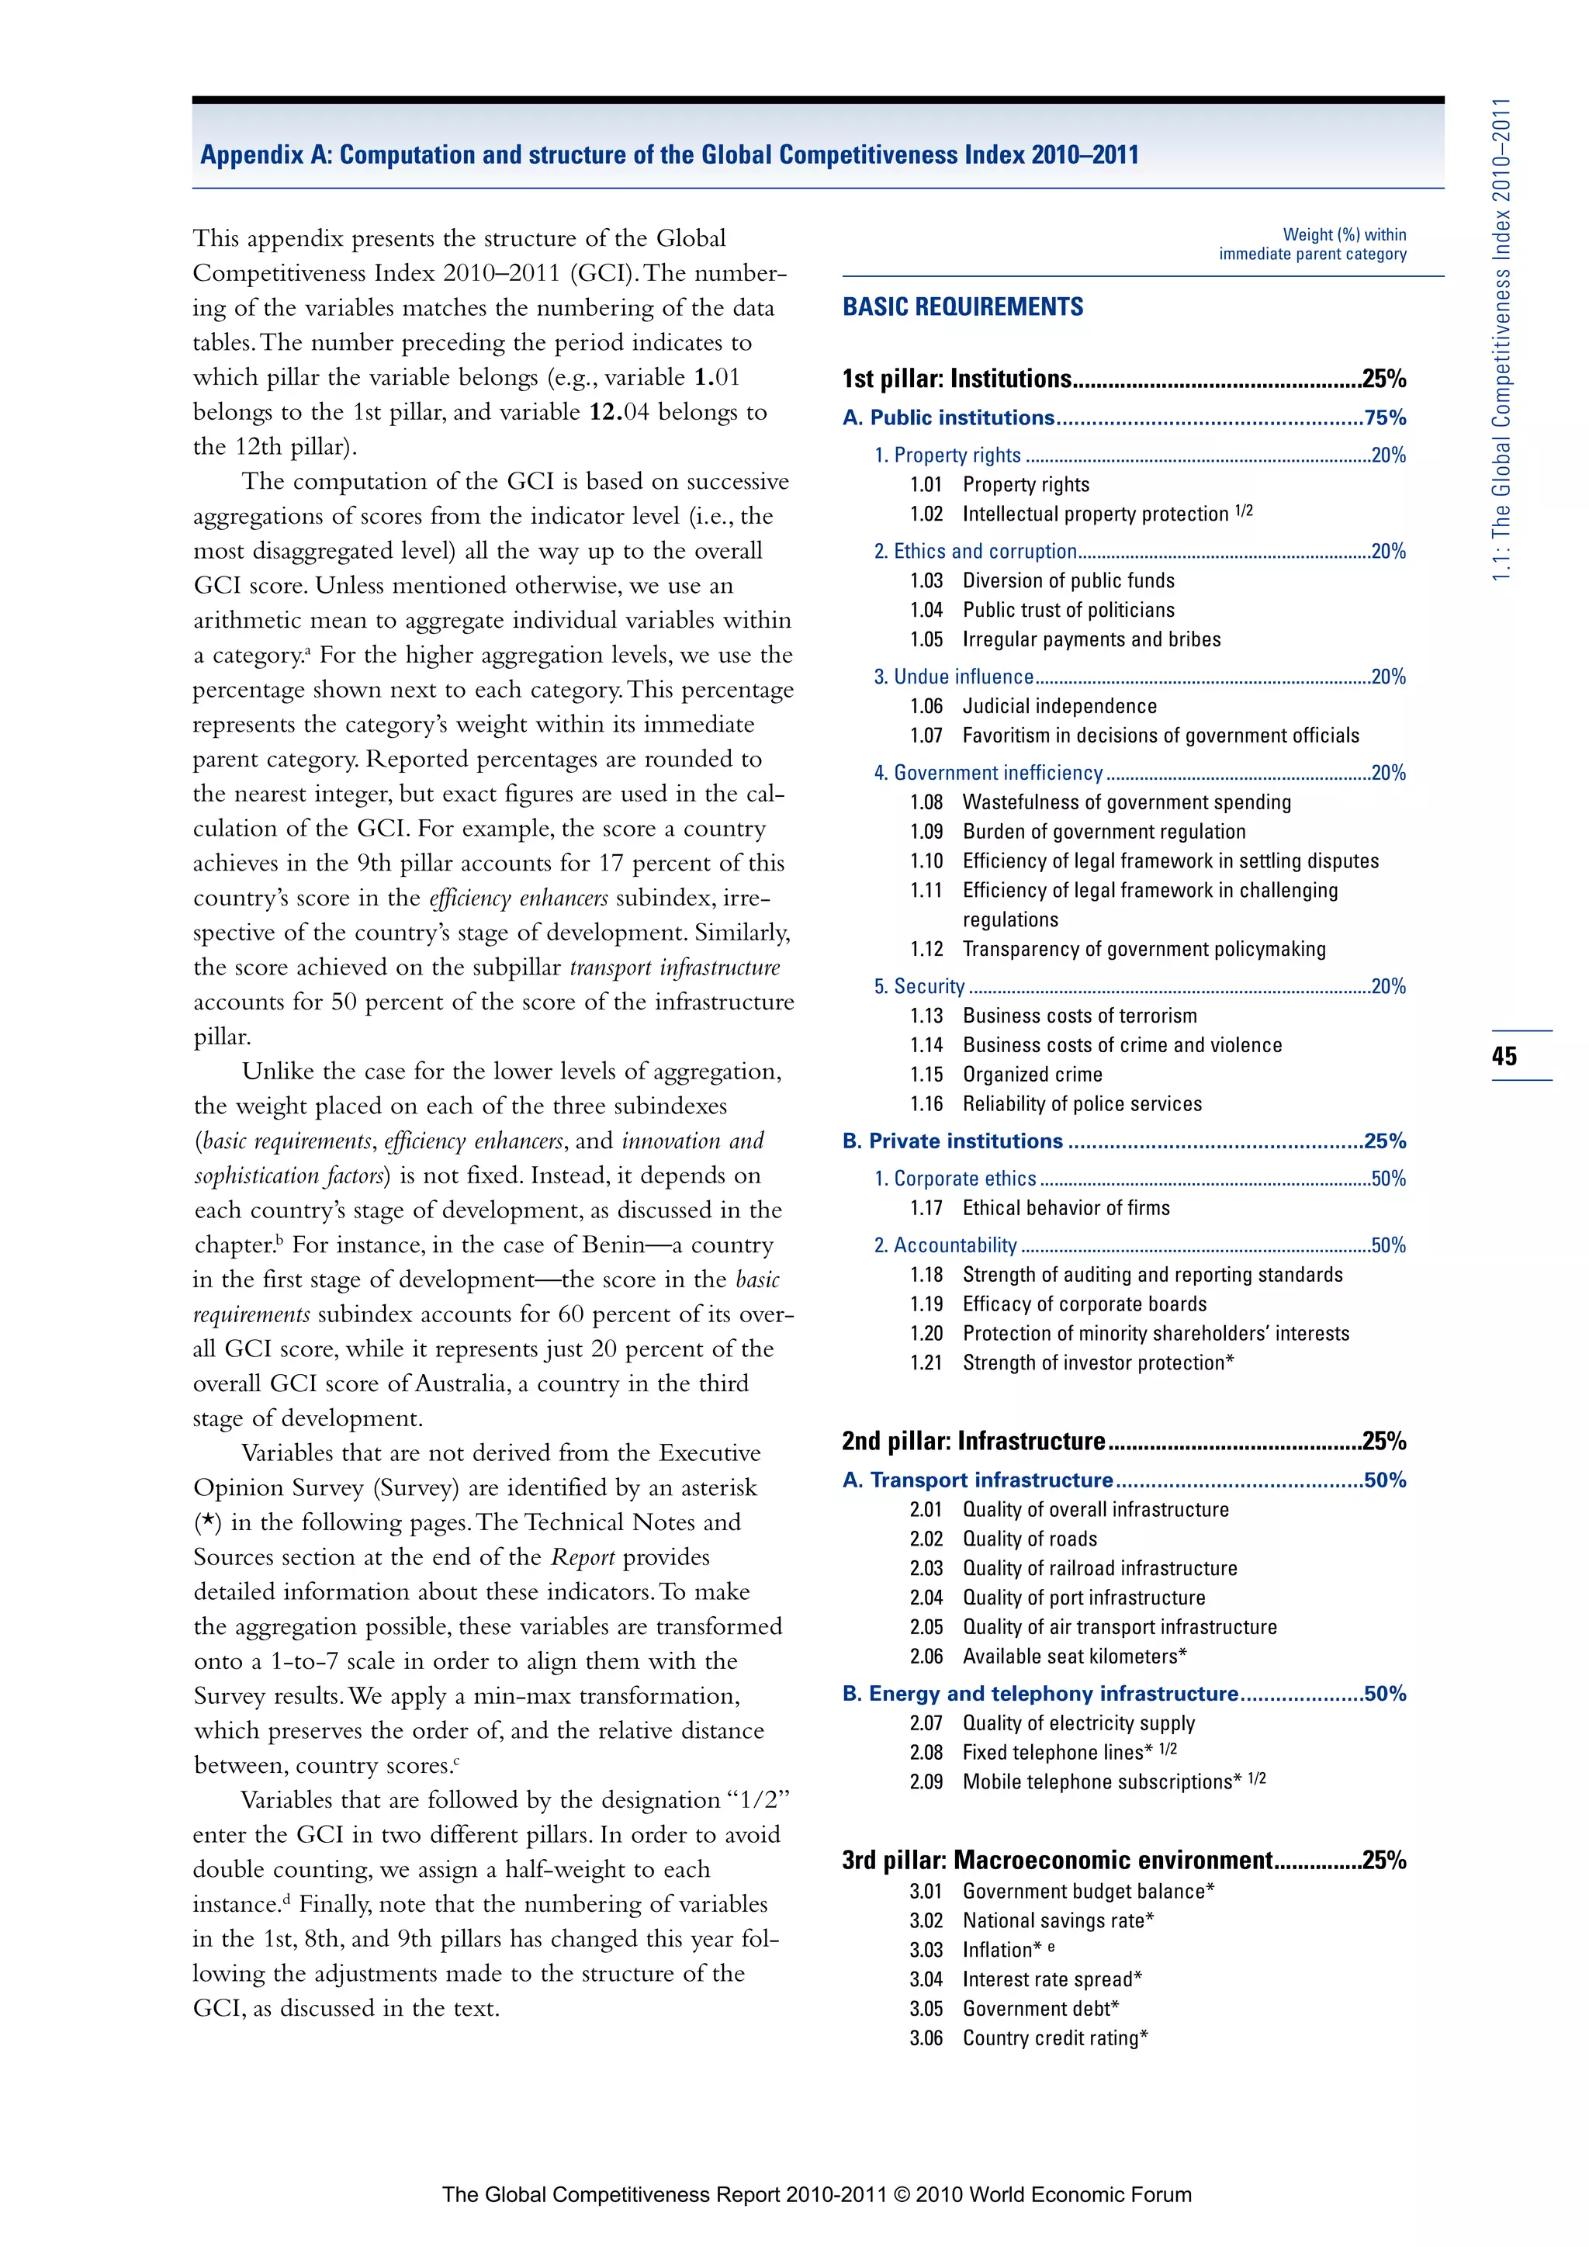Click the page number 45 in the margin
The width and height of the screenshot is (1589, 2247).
[x=1504, y=1056]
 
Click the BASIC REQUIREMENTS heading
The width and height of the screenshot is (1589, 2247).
[x=963, y=307]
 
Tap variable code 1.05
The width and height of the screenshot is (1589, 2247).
[x=926, y=640]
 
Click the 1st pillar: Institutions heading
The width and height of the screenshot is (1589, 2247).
[x=957, y=379]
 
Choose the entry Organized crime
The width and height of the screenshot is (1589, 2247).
[x=1031, y=1075]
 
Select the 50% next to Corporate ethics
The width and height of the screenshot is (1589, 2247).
[x=1387, y=1179]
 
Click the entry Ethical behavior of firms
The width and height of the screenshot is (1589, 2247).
[x=1065, y=1209]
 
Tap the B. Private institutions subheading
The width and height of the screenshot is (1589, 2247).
[x=952, y=1141]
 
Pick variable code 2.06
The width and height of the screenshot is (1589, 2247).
[x=926, y=1657]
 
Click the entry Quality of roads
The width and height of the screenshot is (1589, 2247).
[x=1030, y=1539]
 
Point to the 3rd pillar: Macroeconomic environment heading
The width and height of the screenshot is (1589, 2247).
[x=1057, y=1861]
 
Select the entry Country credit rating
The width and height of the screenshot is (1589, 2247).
[x=1054, y=2038]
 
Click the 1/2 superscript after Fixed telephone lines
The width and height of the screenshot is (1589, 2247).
[x=1167, y=1749]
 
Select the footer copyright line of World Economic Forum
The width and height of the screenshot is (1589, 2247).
[x=816, y=2194]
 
